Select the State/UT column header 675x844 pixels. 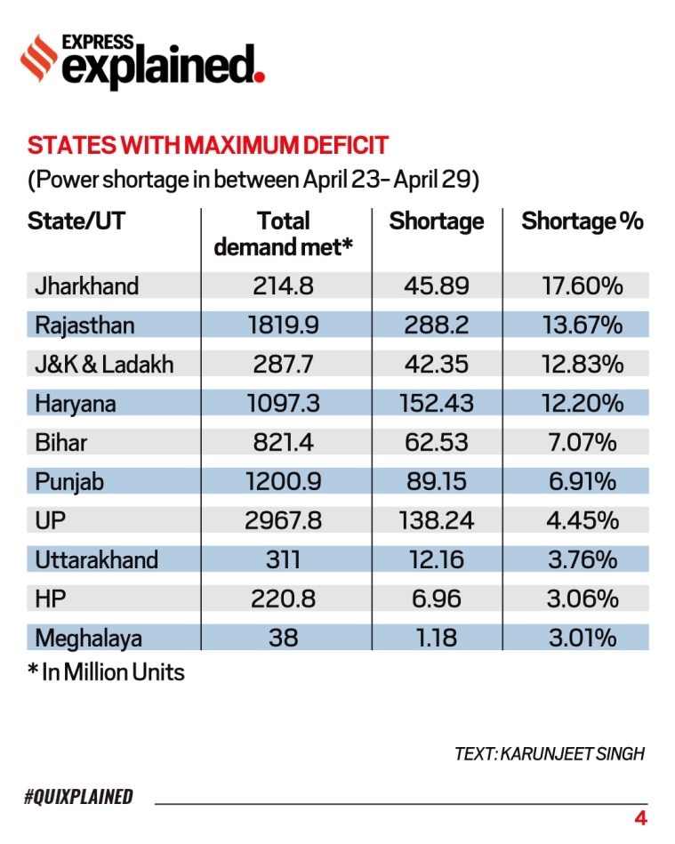coord(76,221)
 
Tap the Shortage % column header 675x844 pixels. coord(582,221)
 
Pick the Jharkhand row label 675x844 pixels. coord(86,285)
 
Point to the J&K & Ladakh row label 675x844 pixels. coord(104,364)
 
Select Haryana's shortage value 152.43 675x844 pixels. coord(436,403)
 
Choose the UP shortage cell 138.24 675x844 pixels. coord(436,520)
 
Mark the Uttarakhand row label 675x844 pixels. coord(96,559)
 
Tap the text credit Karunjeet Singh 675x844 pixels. coord(549,753)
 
